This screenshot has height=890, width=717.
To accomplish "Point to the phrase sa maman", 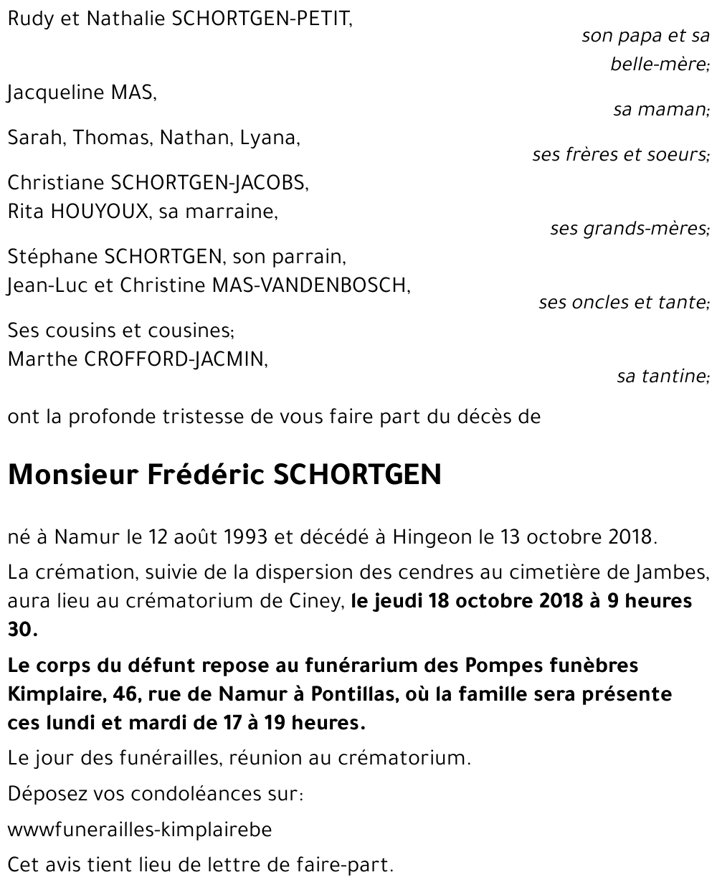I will coord(660,110).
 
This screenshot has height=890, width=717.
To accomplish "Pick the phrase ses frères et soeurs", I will coord(620,155).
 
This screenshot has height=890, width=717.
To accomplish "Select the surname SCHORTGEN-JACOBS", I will coord(209,183).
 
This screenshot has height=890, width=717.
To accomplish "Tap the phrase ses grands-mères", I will coord(629,229).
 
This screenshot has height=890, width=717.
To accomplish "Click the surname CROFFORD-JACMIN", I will coord(176,359).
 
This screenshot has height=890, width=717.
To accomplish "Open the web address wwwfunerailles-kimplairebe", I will coord(140,830).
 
